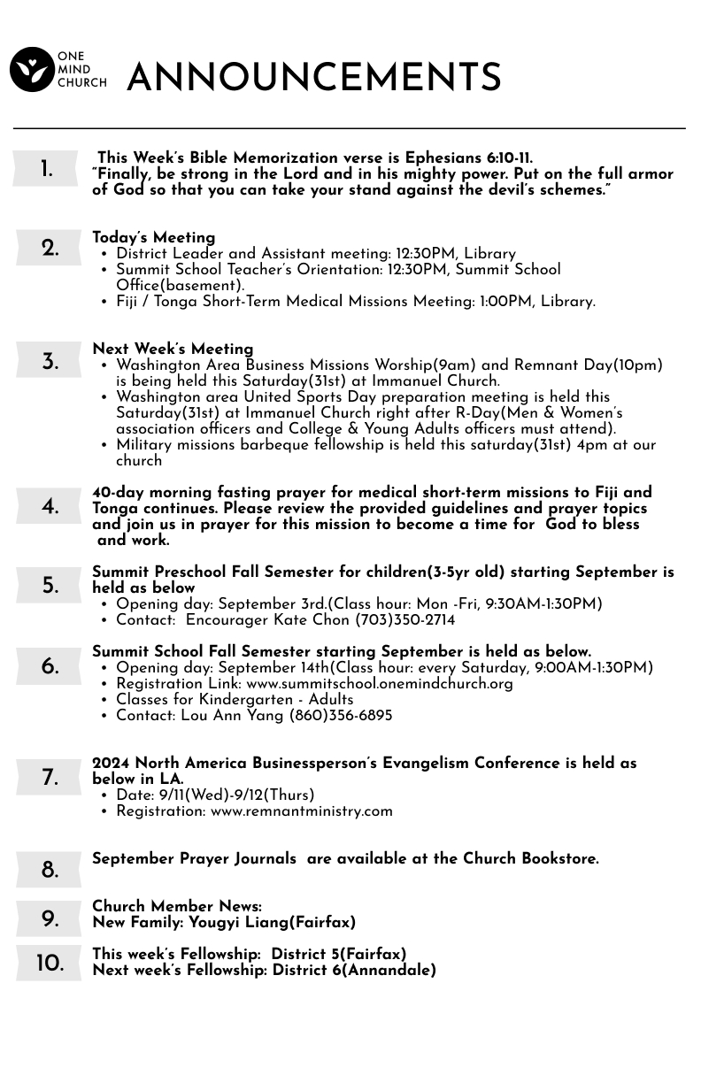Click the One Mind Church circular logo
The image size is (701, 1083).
[x=32, y=70]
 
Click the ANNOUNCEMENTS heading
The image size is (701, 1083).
[x=314, y=78]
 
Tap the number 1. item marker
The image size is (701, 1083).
[x=47, y=170]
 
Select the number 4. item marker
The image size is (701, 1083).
[x=50, y=507]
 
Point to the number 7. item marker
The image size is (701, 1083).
[x=50, y=779]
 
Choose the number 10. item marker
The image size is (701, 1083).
[x=50, y=964]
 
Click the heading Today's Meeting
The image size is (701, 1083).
[x=154, y=238]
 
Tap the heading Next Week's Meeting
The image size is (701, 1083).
[x=173, y=349]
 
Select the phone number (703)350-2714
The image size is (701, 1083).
[x=404, y=620]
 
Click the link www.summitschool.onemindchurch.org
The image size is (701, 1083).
[x=379, y=684]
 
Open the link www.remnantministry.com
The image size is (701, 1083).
[x=301, y=811]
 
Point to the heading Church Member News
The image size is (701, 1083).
[x=177, y=907]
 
